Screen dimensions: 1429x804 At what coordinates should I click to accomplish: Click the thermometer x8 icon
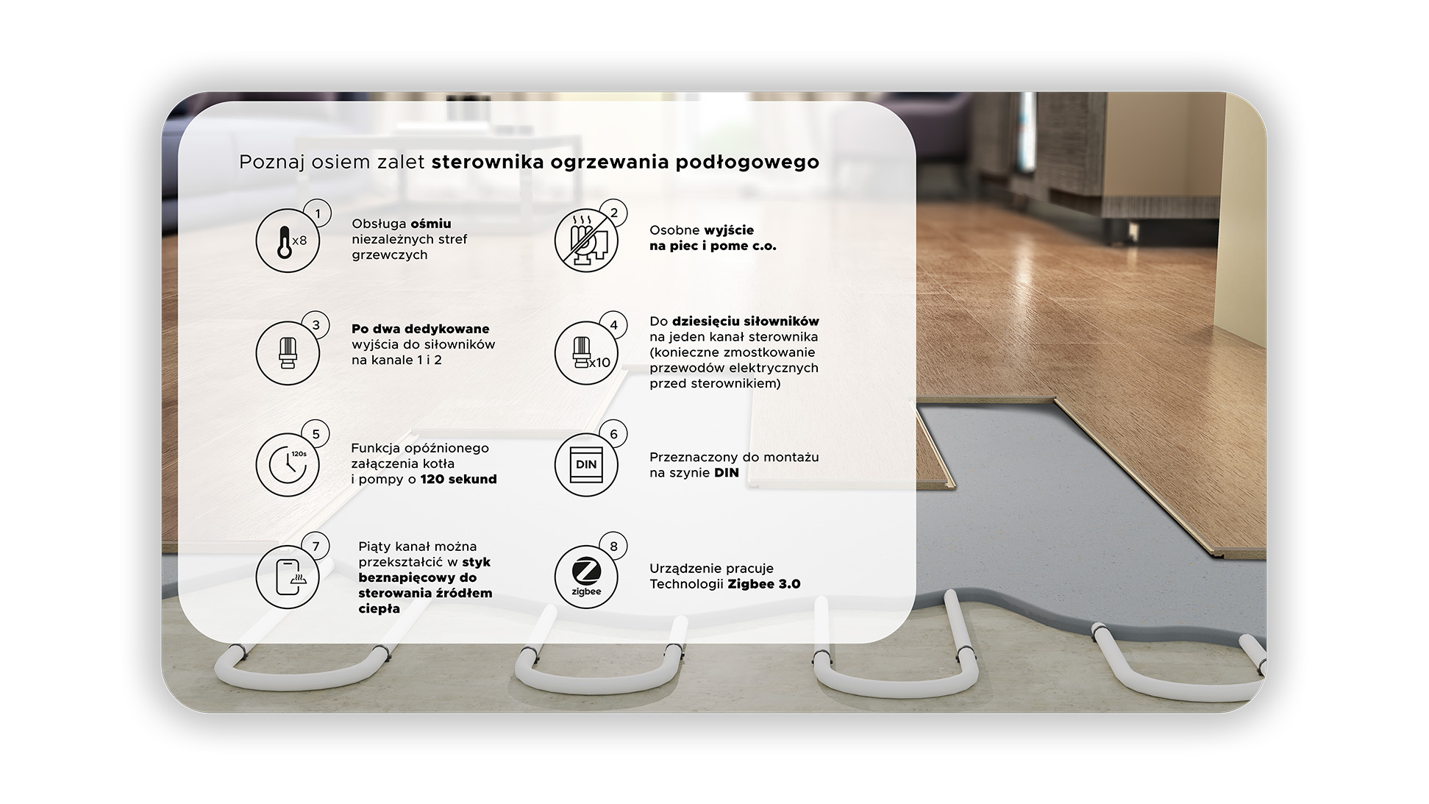coord(288,241)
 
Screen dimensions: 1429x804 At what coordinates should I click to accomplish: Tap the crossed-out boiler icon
coord(586,241)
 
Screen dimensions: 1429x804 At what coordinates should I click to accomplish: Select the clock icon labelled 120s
coord(288,465)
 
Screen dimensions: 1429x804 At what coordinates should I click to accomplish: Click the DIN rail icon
coord(586,465)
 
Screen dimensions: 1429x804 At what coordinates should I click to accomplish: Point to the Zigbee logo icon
coord(586,577)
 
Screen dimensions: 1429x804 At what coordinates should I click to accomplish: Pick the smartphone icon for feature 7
coord(288,577)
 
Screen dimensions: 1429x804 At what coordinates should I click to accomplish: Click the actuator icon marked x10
coord(586,353)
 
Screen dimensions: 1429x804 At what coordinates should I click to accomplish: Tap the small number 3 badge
coord(316,325)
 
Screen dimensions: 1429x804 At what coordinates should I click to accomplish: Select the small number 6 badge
coord(614,434)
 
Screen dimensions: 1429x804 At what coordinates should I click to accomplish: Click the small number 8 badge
coord(614,547)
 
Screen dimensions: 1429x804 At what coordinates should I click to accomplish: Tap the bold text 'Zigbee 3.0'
coord(764,584)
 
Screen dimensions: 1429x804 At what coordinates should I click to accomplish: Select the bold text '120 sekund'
coord(459,480)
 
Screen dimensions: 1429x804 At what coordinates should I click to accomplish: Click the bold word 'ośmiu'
coord(431,224)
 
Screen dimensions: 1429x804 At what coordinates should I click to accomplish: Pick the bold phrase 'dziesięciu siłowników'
coord(745,321)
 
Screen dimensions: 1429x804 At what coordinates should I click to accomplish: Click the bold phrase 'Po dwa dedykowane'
coord(420,329)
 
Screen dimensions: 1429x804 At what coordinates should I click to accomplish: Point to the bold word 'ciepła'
coord(379,609)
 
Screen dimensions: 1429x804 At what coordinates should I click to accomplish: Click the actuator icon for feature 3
coord(288,353)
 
